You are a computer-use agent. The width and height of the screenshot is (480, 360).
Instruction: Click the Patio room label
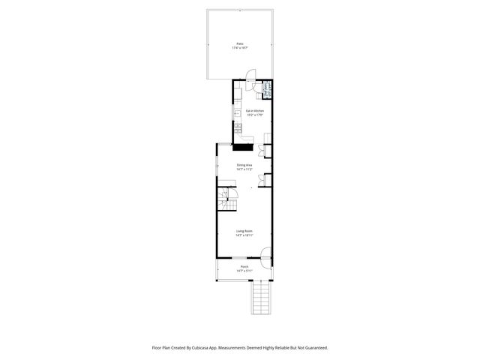click(x=241, y=44)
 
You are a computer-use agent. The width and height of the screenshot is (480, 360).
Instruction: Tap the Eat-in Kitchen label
click(x=254, y=111)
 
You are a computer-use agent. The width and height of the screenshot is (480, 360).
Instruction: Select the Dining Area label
click(x=244, y=165)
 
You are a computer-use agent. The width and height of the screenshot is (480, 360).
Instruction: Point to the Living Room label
click(x=244, y=231)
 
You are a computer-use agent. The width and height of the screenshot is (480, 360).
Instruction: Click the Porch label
click(x=244, y=266)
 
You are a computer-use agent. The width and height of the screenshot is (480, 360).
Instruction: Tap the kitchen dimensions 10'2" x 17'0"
click(x=254, y=115)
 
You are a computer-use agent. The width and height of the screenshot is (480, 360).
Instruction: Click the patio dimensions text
click(x=241, y=48)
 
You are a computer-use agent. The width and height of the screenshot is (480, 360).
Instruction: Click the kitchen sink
click(x=236, y=115)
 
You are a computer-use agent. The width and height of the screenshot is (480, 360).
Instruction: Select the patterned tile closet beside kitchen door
click(x=267, y=88)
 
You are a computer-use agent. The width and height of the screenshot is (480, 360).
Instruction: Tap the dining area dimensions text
click(x=244, y=169)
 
